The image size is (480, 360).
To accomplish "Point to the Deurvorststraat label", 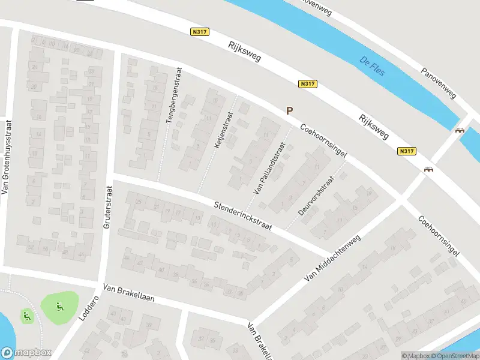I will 315,195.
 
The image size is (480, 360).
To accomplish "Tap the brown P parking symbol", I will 289,111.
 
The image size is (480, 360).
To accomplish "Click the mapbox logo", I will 25,353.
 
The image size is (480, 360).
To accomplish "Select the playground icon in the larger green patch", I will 59,308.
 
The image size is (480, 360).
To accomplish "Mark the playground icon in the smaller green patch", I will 26,315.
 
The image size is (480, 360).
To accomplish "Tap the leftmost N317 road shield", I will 200,32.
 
